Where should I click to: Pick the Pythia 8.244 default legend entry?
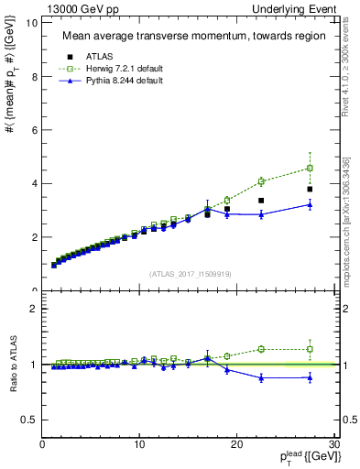point(125,81)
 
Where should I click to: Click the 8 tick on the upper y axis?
point(34,76)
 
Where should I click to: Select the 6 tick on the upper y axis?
point(34,130)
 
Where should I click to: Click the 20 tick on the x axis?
point(236,444)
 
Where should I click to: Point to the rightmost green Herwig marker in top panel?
point(310,168)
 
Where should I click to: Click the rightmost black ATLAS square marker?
point(310,190)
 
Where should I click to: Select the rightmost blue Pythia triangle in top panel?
point(310,204)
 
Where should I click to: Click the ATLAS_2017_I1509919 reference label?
point(190,272)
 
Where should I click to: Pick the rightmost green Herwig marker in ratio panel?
point(310,349)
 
